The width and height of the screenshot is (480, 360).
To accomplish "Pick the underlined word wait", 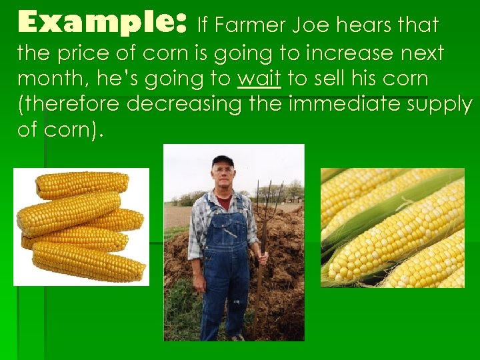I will tap(259, 78).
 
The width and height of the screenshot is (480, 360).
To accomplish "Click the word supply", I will tap(436, 104).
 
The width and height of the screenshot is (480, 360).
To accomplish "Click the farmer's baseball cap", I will tap(223, 161).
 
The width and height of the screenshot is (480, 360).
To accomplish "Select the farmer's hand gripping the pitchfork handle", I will tap(262, 257).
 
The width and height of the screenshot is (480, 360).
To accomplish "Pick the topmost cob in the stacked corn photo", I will tap(82, 184).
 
